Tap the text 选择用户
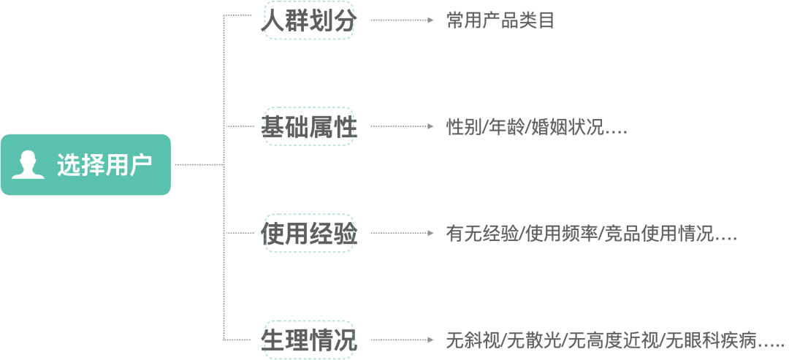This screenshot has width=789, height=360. (104, 166)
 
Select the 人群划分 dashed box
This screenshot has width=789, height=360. (309, 20)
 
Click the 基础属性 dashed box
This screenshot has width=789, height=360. (309, 126)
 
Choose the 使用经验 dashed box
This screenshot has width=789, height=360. (309, 234)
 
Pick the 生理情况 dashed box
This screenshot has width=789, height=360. (309, 340)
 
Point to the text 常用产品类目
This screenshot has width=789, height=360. (500, 20)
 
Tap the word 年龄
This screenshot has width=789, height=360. (505, 127)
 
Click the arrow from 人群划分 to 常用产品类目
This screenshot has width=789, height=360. (402, 20)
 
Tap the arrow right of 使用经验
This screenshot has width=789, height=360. (402, 234)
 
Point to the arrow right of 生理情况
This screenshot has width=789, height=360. (402, 340)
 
